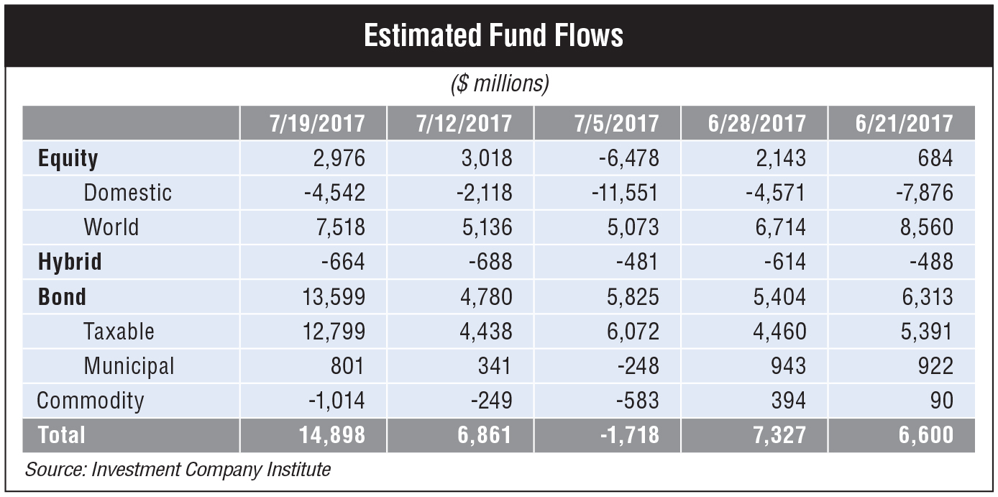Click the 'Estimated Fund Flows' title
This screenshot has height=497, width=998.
pyautogui.click(x=493, y=35)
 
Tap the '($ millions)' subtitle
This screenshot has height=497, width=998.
pyautogui.click(x=500, y=85)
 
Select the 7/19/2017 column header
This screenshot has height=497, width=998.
pyautogui.click(x=317, y=123)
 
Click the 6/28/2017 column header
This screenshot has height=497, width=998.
pyautogui.click(x=757, y=123)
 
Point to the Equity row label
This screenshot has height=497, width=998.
pyautogui.click(x=68, y=158)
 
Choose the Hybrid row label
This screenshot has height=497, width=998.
pyautogui.click(x=70, y=262)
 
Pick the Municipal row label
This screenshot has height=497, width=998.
pyautogui.click(x=129, y=366)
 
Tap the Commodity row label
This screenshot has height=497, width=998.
pyautogui.click(x=91, y=401)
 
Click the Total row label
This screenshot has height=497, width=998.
pyautogui.click(x=61, y=435)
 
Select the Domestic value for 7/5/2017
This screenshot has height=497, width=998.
pyautogui.click(x=619, y=193)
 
